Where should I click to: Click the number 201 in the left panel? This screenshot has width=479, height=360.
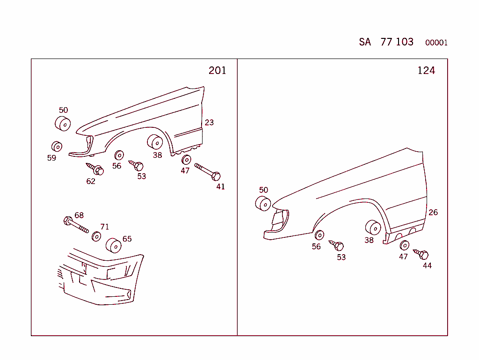(x=217, y=70)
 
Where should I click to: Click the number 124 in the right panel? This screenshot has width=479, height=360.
(x=426, y=70)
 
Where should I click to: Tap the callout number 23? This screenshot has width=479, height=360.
(x=209, y=122)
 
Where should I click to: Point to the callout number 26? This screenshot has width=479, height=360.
(x=433, y=212)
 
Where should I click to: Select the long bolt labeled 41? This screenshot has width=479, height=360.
(x=208, y=172)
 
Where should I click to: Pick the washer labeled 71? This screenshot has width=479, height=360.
(x=96, y=236)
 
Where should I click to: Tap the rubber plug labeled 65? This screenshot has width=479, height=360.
(x=113, y=245)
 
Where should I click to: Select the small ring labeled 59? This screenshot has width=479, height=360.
(x=57, y=146)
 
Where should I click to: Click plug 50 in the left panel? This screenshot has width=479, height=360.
(x=63, y=124)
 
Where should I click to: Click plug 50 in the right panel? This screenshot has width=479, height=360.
(x=263, y=204)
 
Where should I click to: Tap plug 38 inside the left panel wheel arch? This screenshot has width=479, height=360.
(x=155, y=141)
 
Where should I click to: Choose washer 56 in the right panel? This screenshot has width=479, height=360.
(x=319, y=235)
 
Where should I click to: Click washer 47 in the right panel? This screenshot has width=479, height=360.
(x=405, y=245)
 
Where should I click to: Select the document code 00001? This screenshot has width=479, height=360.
(x=436, y=43)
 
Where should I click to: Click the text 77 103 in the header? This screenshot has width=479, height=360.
(x=397, y=42)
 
